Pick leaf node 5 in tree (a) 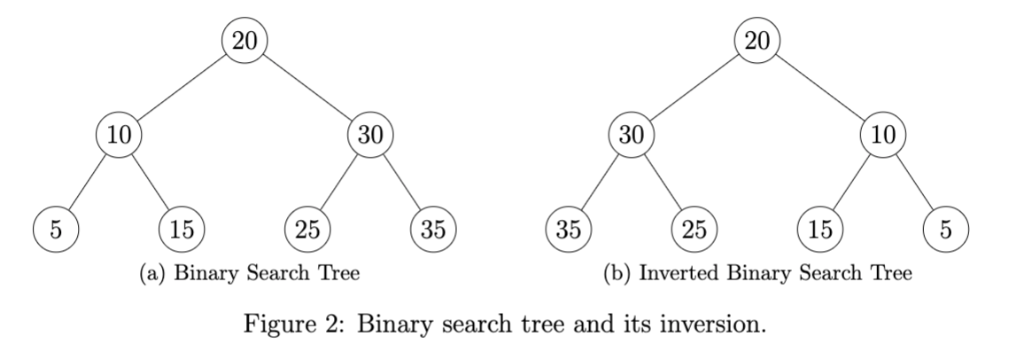56,228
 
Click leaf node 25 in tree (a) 308,228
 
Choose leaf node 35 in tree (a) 434,228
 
